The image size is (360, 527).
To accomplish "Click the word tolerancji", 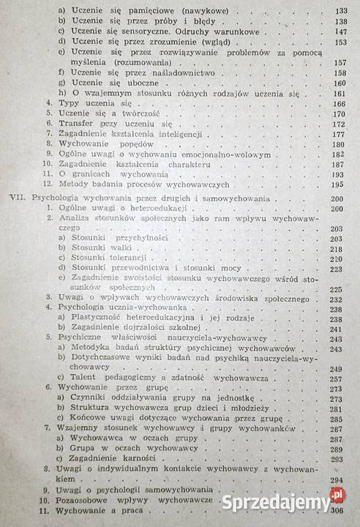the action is (x=129, y=259).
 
